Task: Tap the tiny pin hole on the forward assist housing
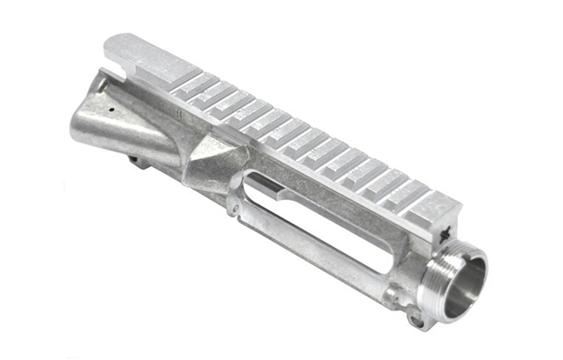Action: click(x=114, y=112)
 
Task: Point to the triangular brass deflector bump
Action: click(x=210, y=162)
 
